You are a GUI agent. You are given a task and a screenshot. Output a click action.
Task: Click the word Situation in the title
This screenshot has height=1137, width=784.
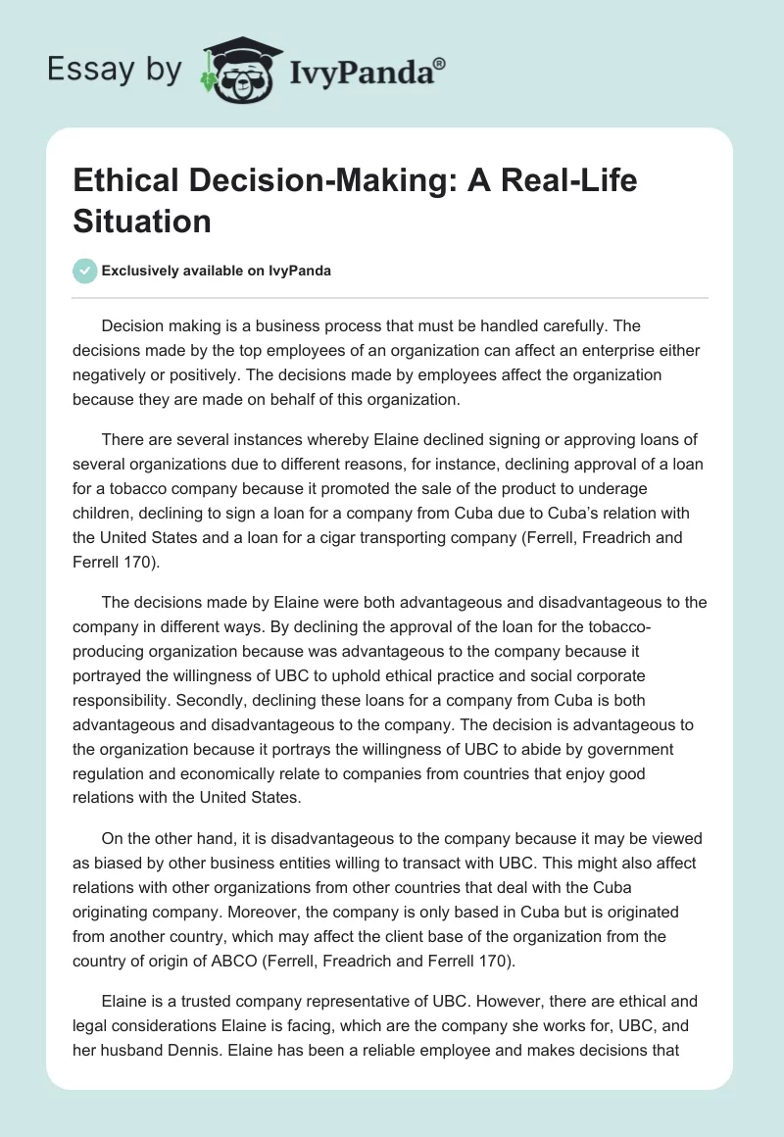point(141,222)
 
